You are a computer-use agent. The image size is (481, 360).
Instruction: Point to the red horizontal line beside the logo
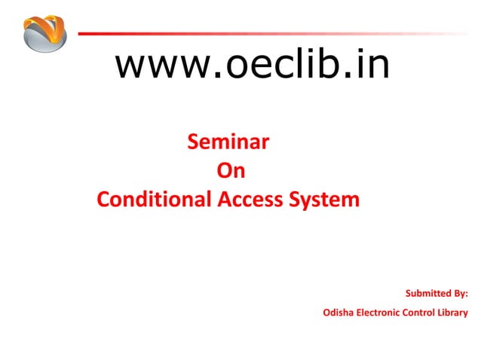(x=226, y=33)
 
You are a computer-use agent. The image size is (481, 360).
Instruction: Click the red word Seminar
(x=229, y=142)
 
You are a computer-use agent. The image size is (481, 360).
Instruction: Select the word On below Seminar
(x=231, y=172)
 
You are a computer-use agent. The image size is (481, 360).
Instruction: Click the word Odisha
(x=337, y=313)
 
